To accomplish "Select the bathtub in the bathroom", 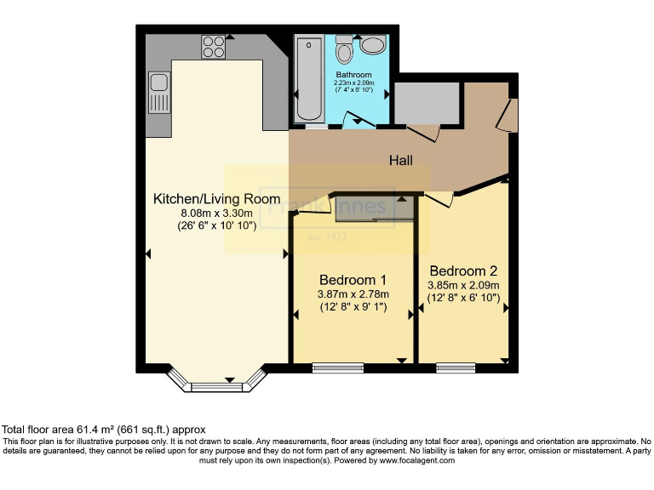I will click(x=308, y=79).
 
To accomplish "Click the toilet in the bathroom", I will click(x=344, y=51).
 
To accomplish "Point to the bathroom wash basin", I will click(x=372, y=45).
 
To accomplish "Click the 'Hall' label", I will click(x=401, y=160).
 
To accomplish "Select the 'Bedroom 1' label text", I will click(x=353, y=280).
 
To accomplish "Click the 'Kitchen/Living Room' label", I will click(x=216, y=199).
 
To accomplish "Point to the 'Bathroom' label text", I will click(x=353, y=75).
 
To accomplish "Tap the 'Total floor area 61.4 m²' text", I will click(x=104, y=430).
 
